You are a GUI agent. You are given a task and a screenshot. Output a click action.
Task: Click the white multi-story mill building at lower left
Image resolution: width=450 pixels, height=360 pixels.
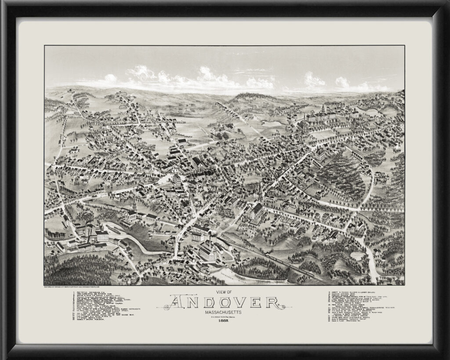tap(102, 236)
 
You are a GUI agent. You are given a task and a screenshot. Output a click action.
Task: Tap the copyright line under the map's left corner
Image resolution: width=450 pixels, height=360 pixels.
tap(75, 287)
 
